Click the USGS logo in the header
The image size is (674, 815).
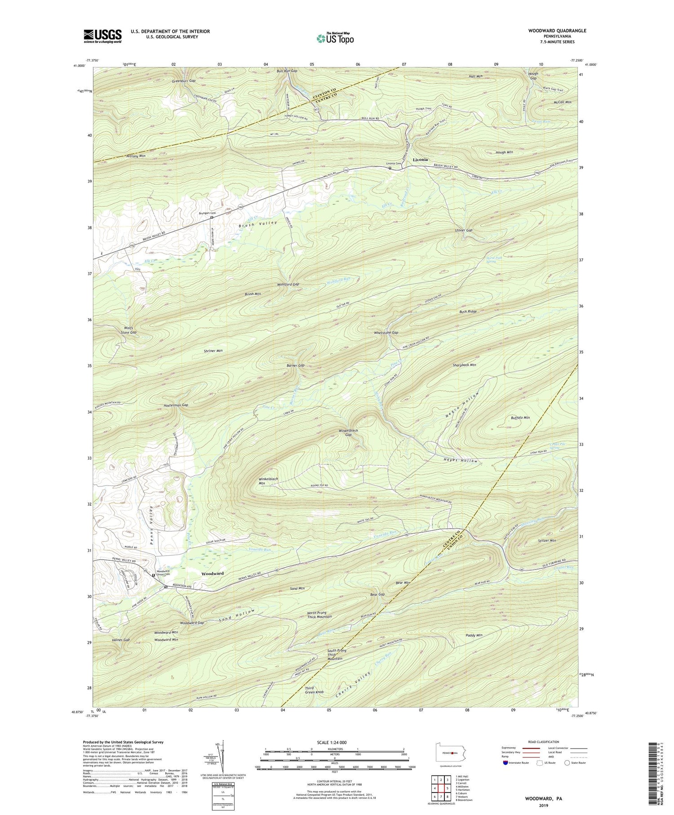(102, 36)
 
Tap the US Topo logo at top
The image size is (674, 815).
(335, 38)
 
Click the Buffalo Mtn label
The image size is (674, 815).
(520, 418)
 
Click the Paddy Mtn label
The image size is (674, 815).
(474, 635)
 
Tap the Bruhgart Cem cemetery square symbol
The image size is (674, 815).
(212, 217)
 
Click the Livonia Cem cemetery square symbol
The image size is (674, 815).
(390, 168)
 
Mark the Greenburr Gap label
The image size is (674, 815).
(183, 81)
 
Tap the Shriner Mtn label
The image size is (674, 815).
(213, 351)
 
